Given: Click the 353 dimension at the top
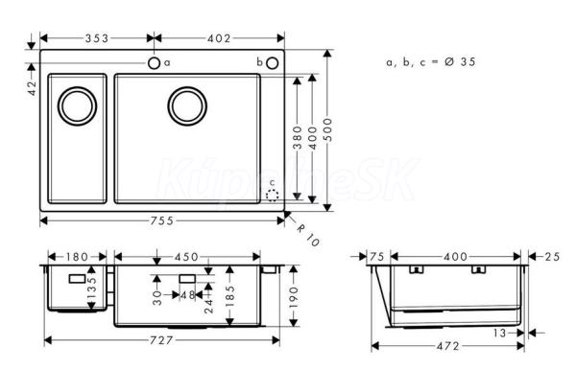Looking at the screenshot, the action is [x=97, y=38].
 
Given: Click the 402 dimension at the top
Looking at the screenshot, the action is [x=219, y=38].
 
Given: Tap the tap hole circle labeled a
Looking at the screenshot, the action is [x=154, y=63].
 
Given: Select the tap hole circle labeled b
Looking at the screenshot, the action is [x=273, y=63].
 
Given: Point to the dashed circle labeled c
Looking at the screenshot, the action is [x=273, y=196].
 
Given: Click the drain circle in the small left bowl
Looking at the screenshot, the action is [x=78, y=106].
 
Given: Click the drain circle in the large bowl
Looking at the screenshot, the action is [x=187, y=106].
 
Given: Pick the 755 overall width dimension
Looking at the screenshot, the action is [x=162, y=220].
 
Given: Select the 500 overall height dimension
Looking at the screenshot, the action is [x=327, y=129].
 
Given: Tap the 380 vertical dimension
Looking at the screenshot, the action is [x=298, y=138].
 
